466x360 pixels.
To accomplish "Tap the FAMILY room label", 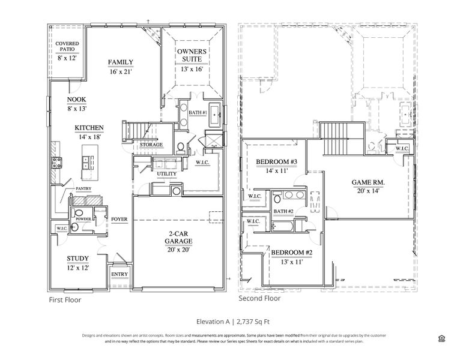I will click(120, 62).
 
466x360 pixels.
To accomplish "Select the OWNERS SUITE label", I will click(192, 56).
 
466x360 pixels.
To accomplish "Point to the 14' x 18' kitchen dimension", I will click(89, 137).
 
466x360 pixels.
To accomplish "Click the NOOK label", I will click(76, 100).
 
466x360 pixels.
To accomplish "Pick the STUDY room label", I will click(77, 259).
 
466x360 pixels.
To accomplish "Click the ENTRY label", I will click(119, 274).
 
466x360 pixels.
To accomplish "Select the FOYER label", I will click(118, 220).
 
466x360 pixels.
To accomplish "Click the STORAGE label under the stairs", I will click(151, 145).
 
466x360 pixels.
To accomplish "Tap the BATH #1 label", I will click(198, 113).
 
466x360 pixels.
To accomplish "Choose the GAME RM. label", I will click(368, 182).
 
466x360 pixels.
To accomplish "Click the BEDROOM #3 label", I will click(277, 162).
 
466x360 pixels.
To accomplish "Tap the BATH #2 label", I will click(283, 211).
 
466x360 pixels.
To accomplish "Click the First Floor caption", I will click(64, 299).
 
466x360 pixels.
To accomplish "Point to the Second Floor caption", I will click(259, 298).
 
